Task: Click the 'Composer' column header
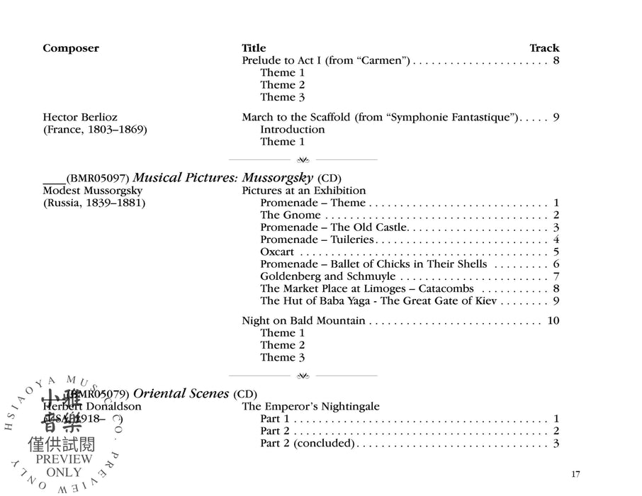pyautogui.click(x=71, y=48)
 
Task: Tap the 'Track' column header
pyautogui.click(x=544, y=48)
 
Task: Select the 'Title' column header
pyautogui.click(x=254, y=48)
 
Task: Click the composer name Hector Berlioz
pyautogui.click(x=80, y=117)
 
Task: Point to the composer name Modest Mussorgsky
pyautogui.click(x=93, y=191)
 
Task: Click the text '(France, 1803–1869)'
pyautogui.click(x=94, y=130)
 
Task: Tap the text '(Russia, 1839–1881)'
pyautogui.click(x=94, y=203)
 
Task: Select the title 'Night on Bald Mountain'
pyautogui.click(x=303, y=321)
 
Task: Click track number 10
pyautogui.click(x=553, y=321)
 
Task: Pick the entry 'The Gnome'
pyautogui.click(x=291, y=215)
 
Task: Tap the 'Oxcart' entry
pyautogui.click(x=277, y=252)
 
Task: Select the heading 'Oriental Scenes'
pyautogui.click(x=181, y=393)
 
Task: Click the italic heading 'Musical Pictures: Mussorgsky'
pyautogui.click(x=223, y=178)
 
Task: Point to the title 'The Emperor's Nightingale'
pyautogui.click(x=311, y=407)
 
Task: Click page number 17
pyautogui.click(x=575, y=474)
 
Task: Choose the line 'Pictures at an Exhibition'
pyautogui.click(x=304, y=191)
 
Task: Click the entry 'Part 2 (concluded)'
pyautogui.click(x=307, y=444)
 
